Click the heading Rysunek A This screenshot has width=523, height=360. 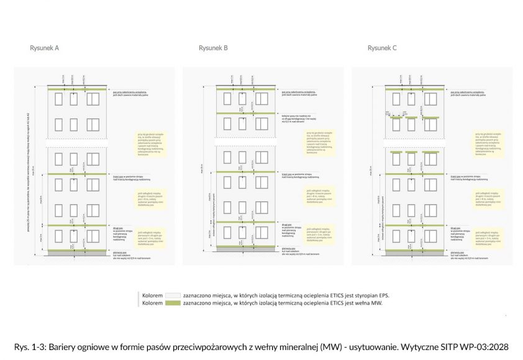45,48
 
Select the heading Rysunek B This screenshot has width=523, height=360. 213,48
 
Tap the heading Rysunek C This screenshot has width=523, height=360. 382,48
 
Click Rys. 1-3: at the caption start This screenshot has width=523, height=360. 30,346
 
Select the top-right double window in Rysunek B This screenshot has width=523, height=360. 261,99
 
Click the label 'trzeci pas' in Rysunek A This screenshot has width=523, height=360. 119,176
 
